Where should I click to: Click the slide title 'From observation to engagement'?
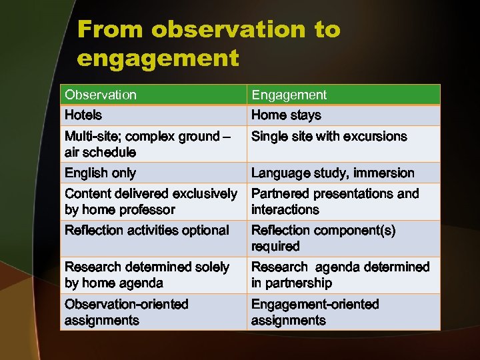(208, 43)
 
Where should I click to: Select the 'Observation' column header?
(101, 95)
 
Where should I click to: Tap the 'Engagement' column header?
(289, 95)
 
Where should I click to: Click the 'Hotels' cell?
(83, 115)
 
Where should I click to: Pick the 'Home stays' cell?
(286, 115)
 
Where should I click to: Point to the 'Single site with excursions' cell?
(329, 136)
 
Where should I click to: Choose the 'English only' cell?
(100, 173)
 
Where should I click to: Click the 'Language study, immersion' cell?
(333, 173)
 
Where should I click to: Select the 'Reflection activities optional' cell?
(147, 230)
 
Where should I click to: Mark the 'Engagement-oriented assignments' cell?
(315, 312)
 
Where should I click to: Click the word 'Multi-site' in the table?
(92, 136)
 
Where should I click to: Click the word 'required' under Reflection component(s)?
(275, 246)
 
